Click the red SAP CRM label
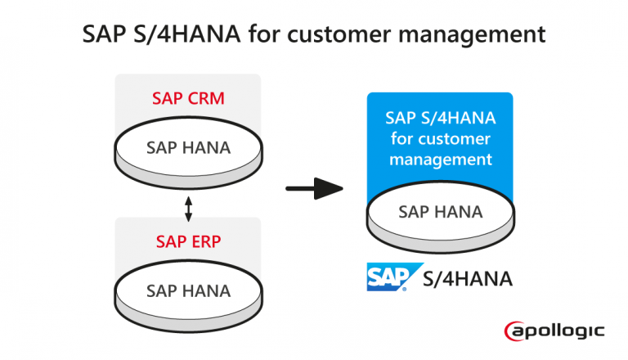(188, 99)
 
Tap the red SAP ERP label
(188, 241)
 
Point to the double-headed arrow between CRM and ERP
(189, 208)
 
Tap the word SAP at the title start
(104, 35)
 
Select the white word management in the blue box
(440, 160)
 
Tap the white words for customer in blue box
(440, 138)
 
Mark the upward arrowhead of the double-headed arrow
(189, 199)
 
